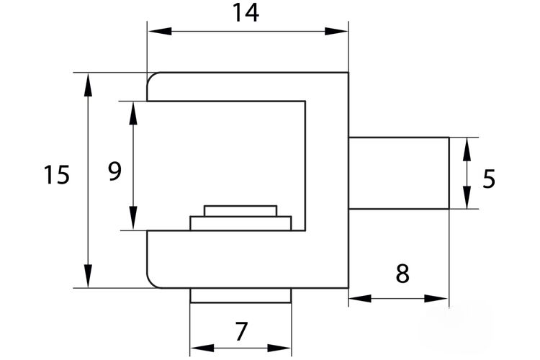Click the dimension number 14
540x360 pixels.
pos(246,12)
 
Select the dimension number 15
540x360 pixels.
pos(56,174)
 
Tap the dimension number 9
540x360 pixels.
pos(114,171)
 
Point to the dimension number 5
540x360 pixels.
pos(489,179)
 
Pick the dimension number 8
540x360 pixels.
pos(402,274)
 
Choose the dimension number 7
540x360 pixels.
pos(240,331)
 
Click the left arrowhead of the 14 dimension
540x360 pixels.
pos(160,32)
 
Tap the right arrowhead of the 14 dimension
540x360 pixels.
pos(336,32)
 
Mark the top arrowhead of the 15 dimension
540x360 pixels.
pos(88,85)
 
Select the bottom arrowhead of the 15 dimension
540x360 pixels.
pos(88,276)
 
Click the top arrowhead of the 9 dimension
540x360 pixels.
pos(133,113)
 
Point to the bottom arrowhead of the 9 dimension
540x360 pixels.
pos(133,218)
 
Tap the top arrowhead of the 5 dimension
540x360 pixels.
pos(467,150)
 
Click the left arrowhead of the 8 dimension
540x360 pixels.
pos(360,298)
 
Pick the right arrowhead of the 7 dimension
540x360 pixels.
pos(279,348)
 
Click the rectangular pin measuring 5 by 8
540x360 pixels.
pos(399,173)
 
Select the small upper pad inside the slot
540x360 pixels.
pos(240,211)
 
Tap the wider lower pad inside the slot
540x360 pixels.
pos(240,223)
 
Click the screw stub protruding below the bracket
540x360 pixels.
pos(240,296)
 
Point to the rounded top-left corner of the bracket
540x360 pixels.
pos(151,77)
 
